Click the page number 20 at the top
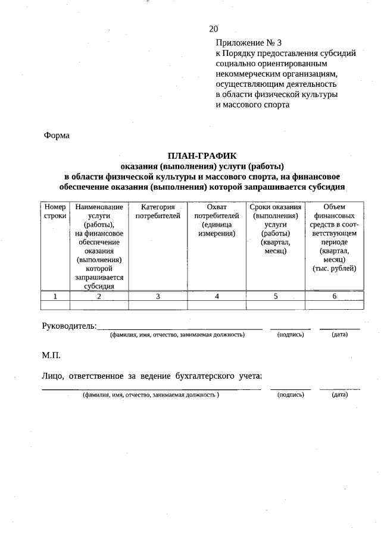click(214, 29)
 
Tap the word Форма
click(57, 136)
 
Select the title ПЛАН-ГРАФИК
click(202, 155)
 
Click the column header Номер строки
click(55, 212)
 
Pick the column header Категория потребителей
click(158, 212)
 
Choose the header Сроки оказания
click(276, 207)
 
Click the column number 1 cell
click(55, 296)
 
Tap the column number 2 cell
click(99, 296)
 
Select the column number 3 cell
click(158, 296)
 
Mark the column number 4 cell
click(217, 296)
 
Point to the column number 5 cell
click(276, 296)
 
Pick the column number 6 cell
click(334, 296)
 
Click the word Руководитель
click(69, 325)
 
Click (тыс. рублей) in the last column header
click(334, 268)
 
